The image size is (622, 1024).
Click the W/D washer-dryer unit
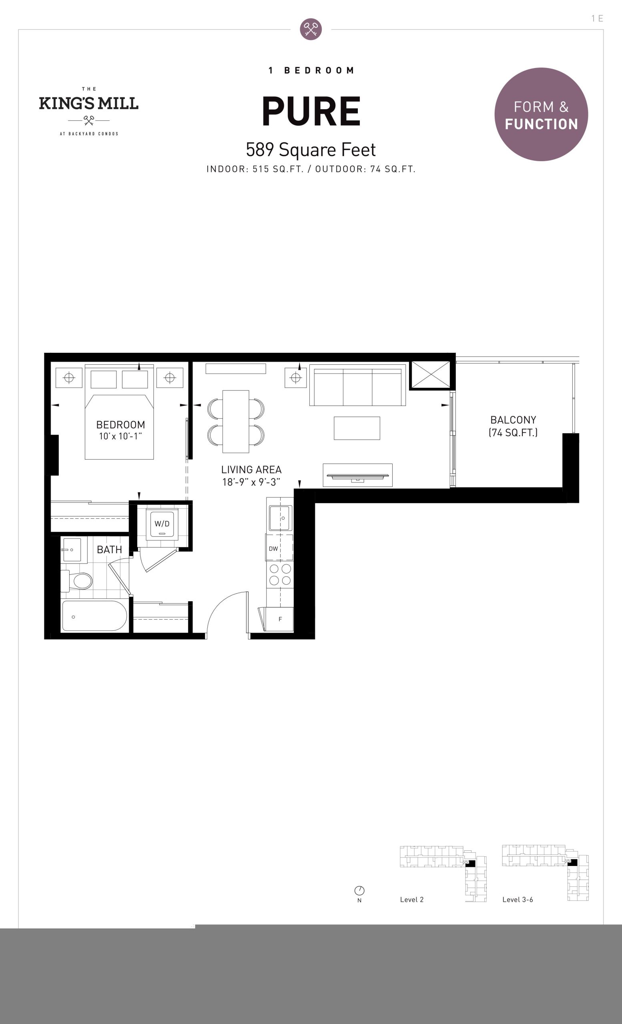point(162,524)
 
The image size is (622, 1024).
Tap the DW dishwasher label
point(273,548)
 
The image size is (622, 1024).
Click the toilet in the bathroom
point(77,581)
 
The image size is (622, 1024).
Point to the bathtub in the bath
point(95,616)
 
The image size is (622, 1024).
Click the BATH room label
point(109,550)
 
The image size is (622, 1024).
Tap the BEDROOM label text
point(120,425)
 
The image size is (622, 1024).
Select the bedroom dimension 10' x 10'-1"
point(120,436)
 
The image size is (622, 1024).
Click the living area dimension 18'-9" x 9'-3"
point(251,482)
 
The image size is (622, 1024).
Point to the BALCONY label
point(513,420)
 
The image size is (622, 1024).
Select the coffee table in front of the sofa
point(357,428)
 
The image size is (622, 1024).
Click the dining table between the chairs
point(236,422)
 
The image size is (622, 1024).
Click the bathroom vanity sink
point(72,550)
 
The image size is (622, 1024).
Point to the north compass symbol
point(359,890)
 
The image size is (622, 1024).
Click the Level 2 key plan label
point(411,899)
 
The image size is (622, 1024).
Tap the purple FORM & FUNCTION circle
point(541,114)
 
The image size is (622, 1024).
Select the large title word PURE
point(311,111)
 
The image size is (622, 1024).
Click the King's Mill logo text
point(88,103)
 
